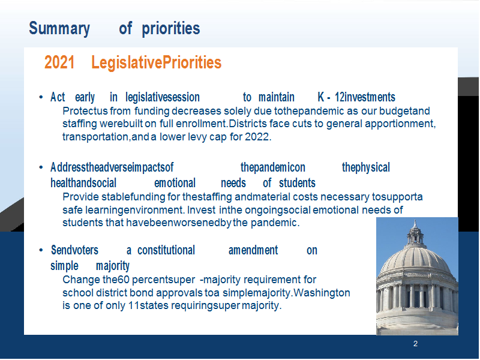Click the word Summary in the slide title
click(59, 29)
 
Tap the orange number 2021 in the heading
click(59, 62)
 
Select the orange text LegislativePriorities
click(156, 63)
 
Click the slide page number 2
click(415, 343)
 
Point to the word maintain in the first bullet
click(277, 97)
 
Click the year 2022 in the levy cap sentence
click(258, 137)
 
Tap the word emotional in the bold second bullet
click(175, 183)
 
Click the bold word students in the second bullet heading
click(297, 183)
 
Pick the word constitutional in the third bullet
click(166, 250)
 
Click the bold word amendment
click(253, 250)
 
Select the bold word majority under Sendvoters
click(113, 266)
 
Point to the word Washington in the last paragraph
click(322, 293)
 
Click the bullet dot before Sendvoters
click(41, 250)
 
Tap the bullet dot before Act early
click(41, 97)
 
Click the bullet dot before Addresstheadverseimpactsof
click(41, 167)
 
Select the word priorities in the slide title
click(171, 29)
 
